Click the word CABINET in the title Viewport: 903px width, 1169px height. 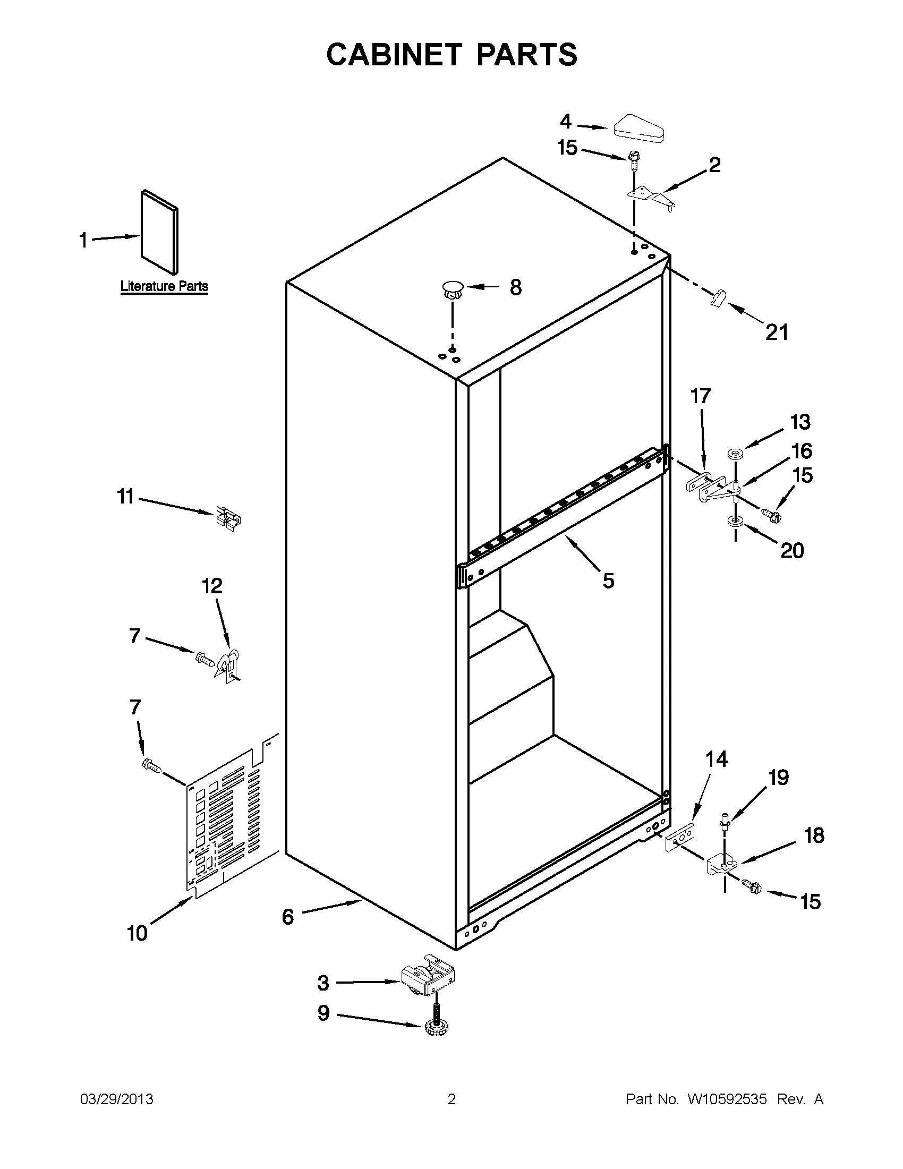(394, 55)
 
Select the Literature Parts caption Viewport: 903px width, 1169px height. (164, 286)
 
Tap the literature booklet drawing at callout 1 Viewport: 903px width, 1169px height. (159, 232)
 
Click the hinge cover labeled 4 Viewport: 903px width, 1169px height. (638, 129)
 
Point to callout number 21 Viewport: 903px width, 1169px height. (777, 332)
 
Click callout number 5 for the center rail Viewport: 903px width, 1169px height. (608, 581)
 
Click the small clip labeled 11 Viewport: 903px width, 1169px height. (228, 518)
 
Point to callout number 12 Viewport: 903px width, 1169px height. (212, 586)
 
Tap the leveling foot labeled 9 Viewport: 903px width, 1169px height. (436, 1027)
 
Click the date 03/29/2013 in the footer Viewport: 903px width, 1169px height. (117, 1099)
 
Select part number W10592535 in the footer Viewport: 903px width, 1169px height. (726, 1099)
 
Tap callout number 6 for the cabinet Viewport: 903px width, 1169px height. (288, 917)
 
